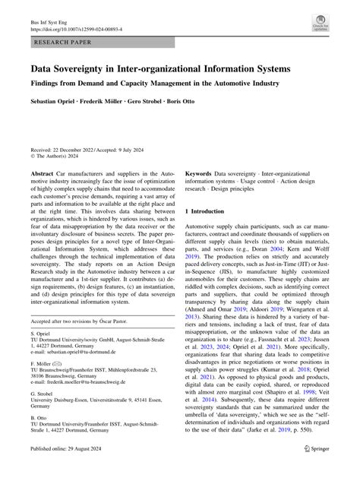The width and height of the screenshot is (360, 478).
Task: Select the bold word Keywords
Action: (x=203, y=174)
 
